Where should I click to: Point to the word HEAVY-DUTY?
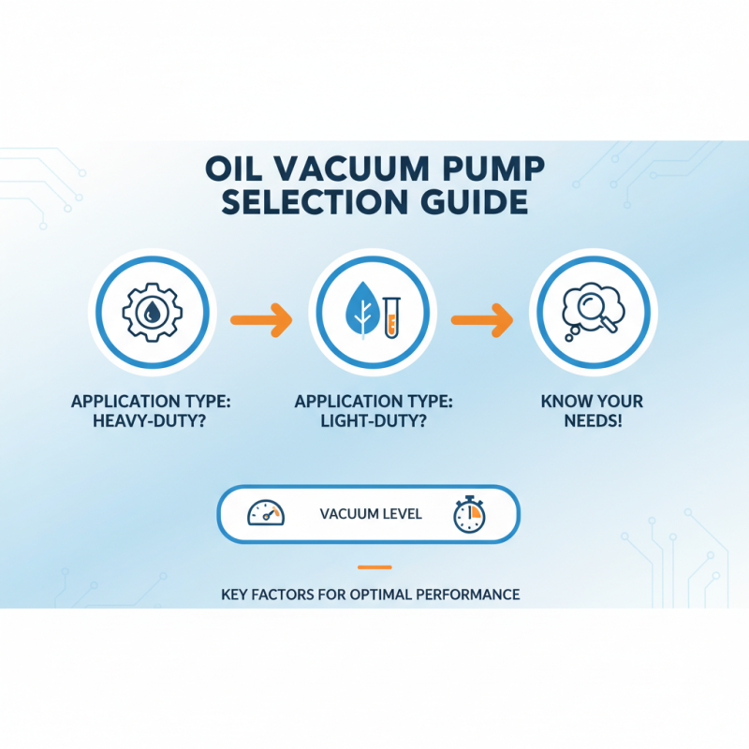click(x=151, y=420)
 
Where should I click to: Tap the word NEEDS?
click(x=592, y=421)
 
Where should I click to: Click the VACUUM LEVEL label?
click(x=371, y=514)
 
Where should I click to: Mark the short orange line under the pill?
click(x=374, y=566)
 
